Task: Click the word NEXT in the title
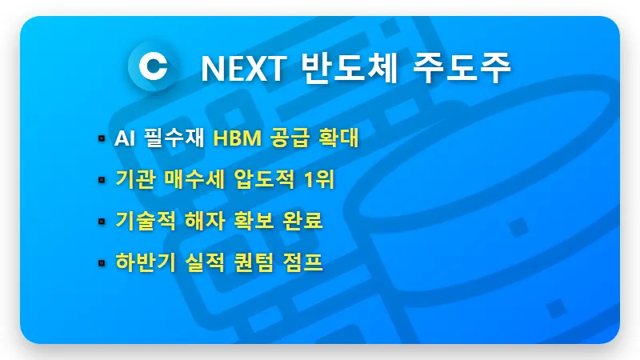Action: pyautogui.click(x=243, y=69)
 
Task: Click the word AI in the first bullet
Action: pyautogui.click(x=124, y=139)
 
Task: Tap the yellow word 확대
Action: pyautogui.click(x=340, y=139)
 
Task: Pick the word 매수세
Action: pyautogui.click(x=193, y=180)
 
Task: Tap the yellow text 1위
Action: pyautogui.click(x=320, y=180)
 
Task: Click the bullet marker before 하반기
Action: pyautogui.click(x=102, y=262)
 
